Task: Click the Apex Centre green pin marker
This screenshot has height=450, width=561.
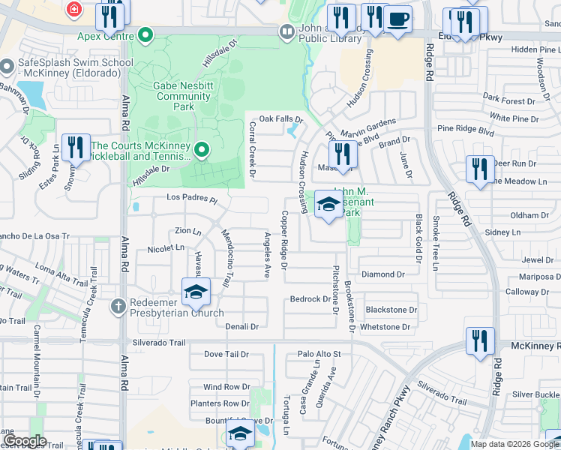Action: click(x=145, y=34)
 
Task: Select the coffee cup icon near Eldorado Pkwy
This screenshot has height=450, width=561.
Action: click(x=399, y=20)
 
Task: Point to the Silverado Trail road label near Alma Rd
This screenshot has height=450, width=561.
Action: click(x=157, y=343)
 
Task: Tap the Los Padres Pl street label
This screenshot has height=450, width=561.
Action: click(x=191, y=200)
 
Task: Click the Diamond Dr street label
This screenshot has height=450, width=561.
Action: click(x=383, y=274)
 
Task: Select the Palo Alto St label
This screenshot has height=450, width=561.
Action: click(x=319, y=353)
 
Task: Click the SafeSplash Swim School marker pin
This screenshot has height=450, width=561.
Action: click(x=7, y=68)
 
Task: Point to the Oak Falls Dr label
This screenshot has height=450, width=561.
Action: click(x=280, y=119)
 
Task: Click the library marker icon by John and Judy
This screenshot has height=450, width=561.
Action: click(x=286, y=31)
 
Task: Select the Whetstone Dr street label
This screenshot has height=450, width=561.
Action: click(x=385, y=327)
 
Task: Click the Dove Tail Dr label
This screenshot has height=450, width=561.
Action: click(x=226, y=353)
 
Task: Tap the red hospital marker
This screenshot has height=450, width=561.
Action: click(x=73, y=10)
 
